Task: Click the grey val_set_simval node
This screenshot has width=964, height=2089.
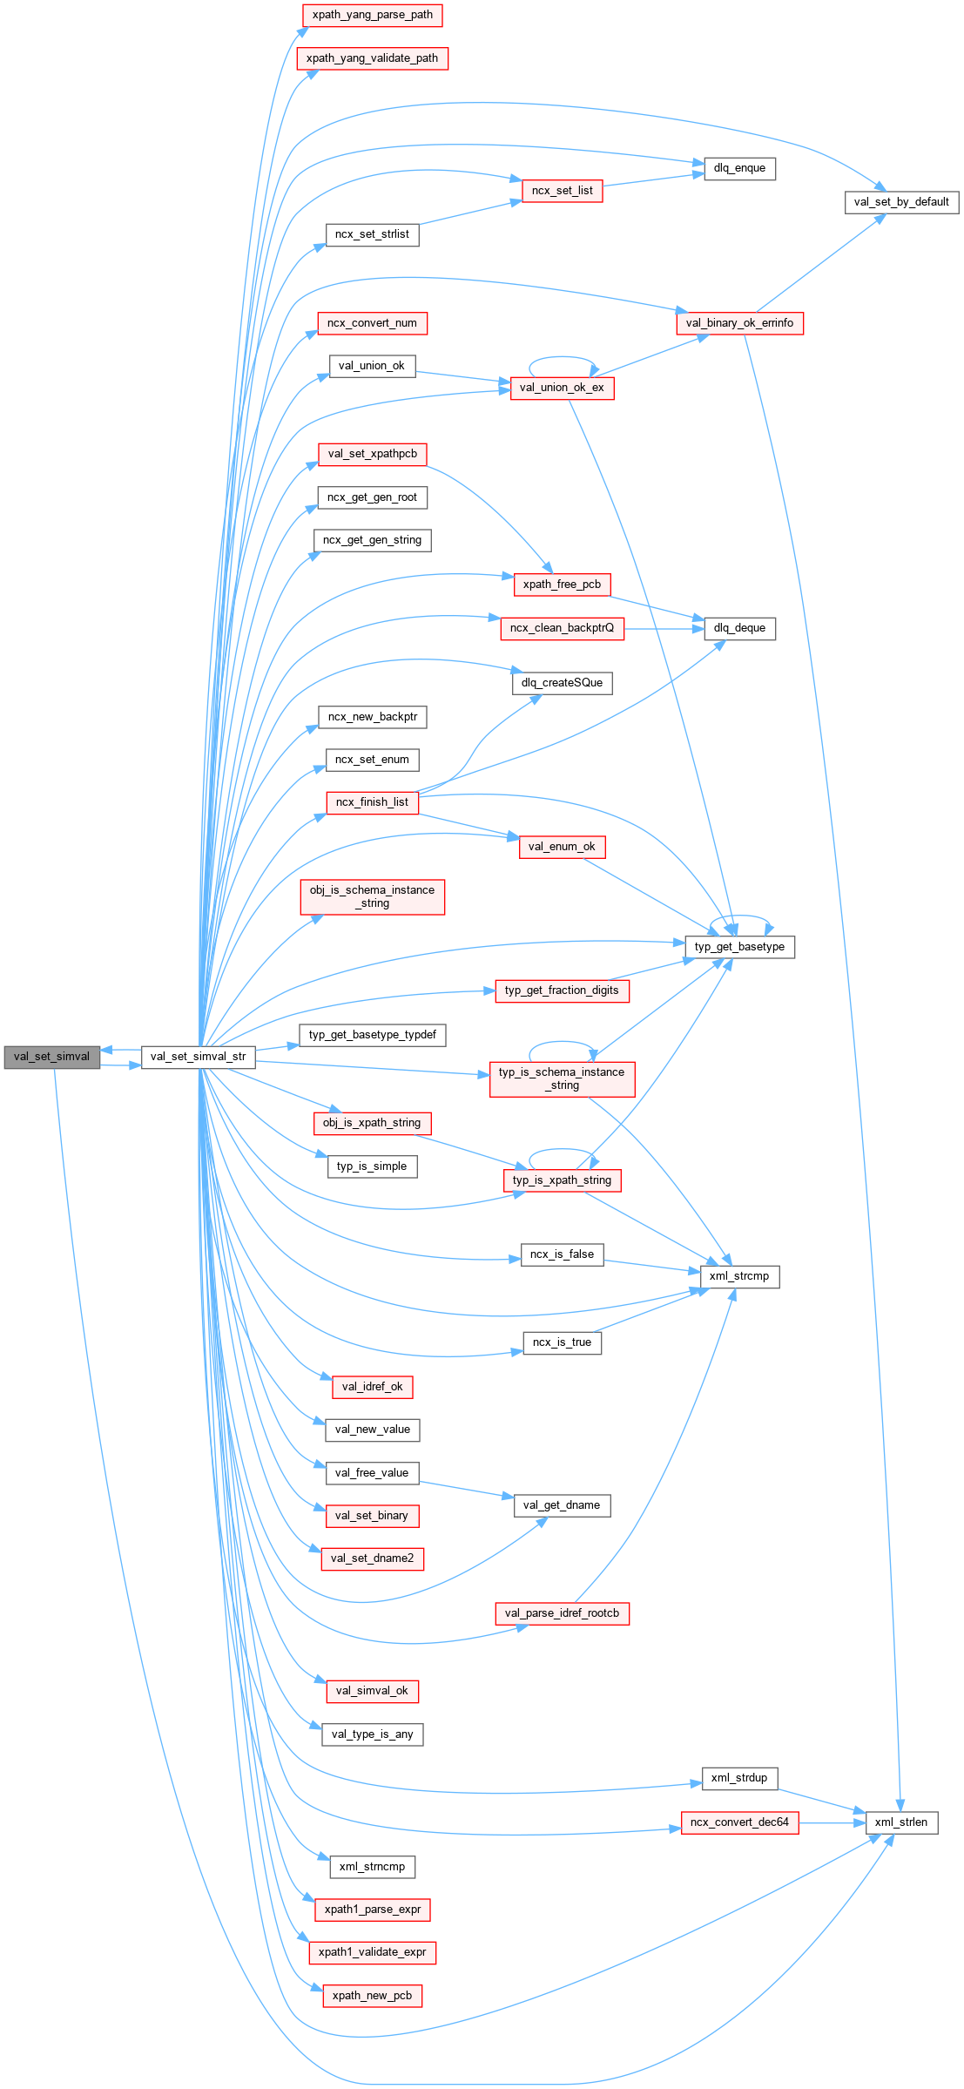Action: click(51, 1057)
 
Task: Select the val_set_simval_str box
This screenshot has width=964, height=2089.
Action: click(198, 1057)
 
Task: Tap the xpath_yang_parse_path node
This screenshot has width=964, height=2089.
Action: click(372, 15)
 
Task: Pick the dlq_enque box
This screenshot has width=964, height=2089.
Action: click(739, 168)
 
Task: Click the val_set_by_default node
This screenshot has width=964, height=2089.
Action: click(901, 202)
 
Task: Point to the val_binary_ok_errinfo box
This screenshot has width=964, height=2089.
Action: click(739, 323)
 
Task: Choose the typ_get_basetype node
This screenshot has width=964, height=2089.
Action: click(739, 947)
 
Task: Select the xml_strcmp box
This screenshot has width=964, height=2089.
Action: click(739, 1276)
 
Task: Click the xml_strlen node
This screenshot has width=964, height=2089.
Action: click(901, 1822)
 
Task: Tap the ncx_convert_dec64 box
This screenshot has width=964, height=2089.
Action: click(739, 1822)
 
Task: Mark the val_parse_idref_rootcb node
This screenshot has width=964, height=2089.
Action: click(562, 1613)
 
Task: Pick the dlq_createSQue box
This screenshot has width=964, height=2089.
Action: click(562, 683)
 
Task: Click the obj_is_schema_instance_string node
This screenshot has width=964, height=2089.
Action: click(372, 897)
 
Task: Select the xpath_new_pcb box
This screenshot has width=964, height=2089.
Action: click(372, 1996)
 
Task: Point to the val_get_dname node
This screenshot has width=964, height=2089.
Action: click(562, 1505)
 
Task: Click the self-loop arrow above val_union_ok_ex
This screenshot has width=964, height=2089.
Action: click(562, 357)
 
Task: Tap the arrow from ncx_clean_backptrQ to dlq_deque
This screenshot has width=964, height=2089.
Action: click(664, 628)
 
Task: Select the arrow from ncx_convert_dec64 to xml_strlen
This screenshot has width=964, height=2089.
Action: click(832, 1822)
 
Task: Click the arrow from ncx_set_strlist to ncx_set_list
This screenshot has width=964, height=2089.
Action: click(470, 213)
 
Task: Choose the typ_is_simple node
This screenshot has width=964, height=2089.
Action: click(372, 1166)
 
